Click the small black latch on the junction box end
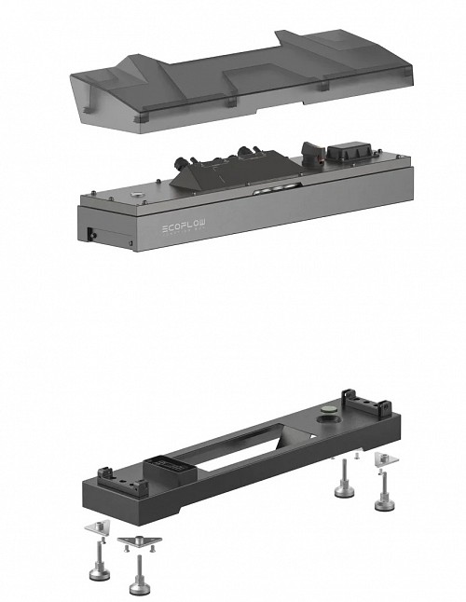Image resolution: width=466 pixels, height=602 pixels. coord(91,234)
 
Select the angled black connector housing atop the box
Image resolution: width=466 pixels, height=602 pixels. coord(236,171)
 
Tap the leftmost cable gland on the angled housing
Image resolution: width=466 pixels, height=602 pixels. coord(180,164)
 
